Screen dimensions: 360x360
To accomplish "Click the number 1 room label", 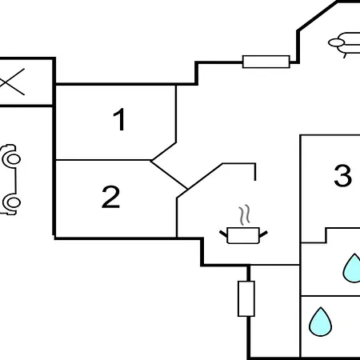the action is tap(120, 119).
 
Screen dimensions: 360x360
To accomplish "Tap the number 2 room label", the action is tap(111, 197).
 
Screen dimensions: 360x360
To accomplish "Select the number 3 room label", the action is tap(343, 175).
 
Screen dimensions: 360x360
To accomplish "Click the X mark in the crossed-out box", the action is tap(11, 82).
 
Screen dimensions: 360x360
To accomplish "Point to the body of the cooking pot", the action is tap(243, 235).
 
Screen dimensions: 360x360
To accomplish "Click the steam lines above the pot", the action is tap(245, 215).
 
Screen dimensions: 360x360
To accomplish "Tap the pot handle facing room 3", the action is tap(263, 234).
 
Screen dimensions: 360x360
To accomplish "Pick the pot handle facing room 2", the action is tap(223, 234).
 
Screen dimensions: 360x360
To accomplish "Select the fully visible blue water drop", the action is tap(320, 322).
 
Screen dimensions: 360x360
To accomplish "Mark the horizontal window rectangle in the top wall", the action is tap(266, 62).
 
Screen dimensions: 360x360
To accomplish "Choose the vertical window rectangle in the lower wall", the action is tap(246, 298).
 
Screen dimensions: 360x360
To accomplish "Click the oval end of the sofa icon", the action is tap(337, 42).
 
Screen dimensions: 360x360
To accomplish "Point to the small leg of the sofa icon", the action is tap(346, 55).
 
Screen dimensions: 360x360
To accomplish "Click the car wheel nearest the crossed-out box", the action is tap(12, 159).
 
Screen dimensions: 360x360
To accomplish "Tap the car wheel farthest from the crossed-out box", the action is tap(12, 202).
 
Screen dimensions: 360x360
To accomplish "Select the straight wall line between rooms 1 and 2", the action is tap(103, 160).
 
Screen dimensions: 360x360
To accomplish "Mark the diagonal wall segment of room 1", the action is tap(164, 151).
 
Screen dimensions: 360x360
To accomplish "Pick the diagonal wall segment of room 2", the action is tap(169, 174).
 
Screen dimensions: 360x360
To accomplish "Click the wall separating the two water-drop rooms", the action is tap(330, 296).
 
